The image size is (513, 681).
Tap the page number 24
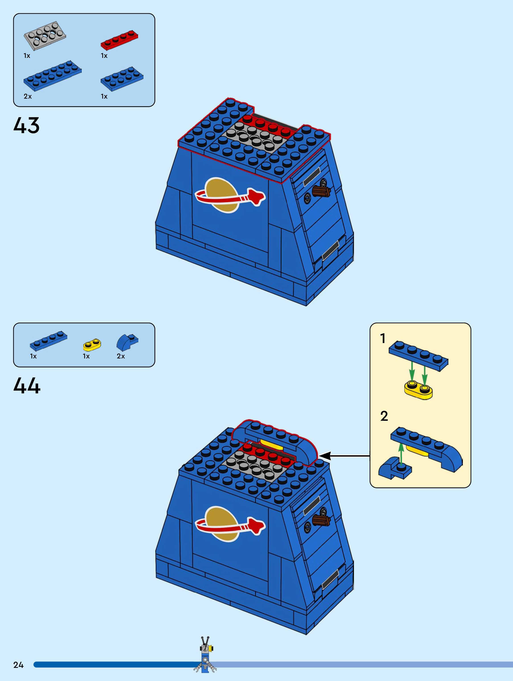click(18, 665)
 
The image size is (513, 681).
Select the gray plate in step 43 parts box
click(45, 35)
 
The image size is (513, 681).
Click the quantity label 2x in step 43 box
click(28, 96)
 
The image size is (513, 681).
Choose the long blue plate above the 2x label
click(53, 75)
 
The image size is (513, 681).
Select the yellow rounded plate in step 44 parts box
click(92, 345)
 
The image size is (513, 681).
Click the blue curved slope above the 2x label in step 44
click(127, 342)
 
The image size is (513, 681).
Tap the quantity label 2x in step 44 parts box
click(121, 356)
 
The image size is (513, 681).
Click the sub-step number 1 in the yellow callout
click(383, 338)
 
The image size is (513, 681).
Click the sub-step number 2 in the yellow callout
click(384, 416)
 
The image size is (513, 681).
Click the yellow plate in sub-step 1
click(418, 389)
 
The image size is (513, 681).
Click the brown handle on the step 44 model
click(321, 520)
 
